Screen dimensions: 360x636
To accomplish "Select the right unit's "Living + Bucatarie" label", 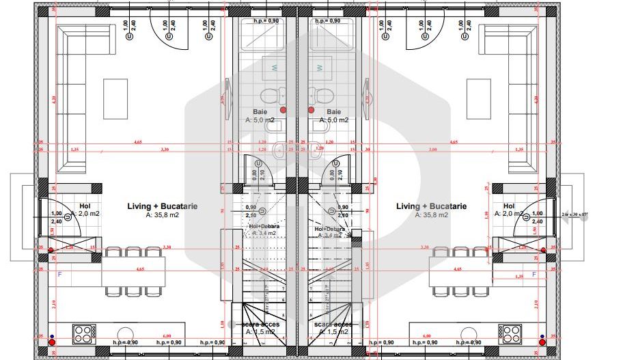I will [431, 206].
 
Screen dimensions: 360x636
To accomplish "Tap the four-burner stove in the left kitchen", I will [83, 334].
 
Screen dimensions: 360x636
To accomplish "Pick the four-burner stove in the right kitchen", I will [511, 334].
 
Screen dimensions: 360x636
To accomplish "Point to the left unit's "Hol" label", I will [85, 206].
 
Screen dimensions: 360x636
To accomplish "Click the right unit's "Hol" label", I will [509, 206].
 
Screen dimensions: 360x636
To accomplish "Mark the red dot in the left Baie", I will [284, 109].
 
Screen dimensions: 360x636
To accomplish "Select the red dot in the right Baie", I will [311, 109].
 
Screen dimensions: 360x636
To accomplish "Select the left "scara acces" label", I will [260, 324].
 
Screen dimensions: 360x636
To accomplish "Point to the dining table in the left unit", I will [134, 271].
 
